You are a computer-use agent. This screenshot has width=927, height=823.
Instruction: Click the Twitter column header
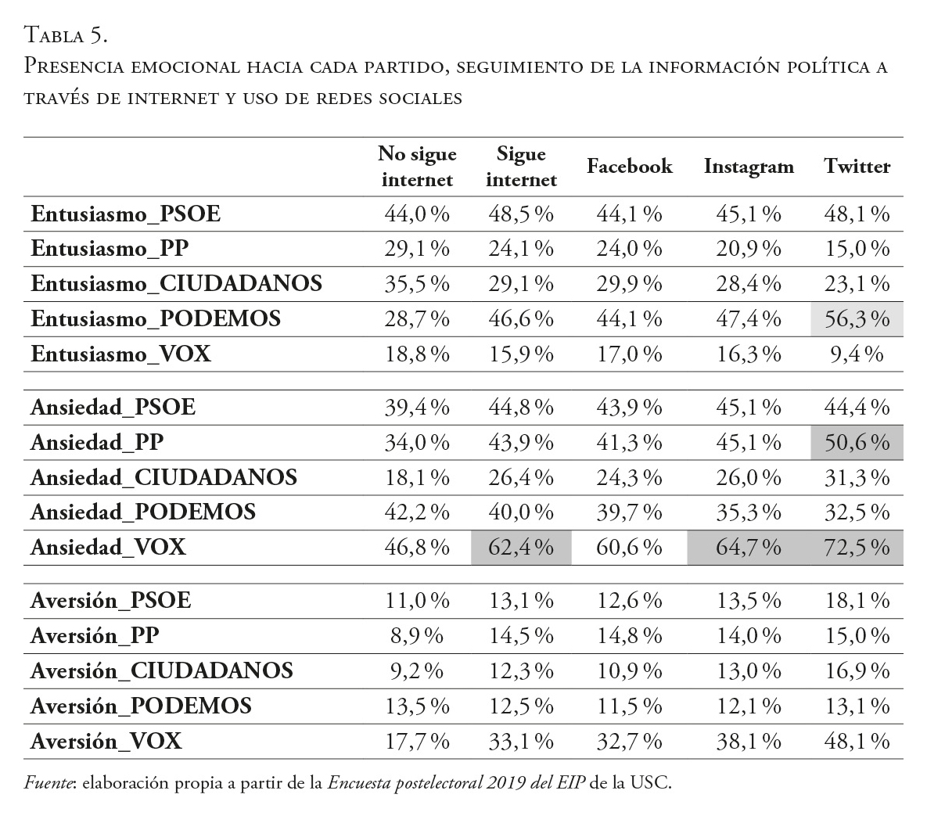click(x=857, y=167)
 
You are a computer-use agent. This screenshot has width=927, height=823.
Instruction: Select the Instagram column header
click(x=749, y=167)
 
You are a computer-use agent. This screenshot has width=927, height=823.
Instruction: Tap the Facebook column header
click(x=629, y=167)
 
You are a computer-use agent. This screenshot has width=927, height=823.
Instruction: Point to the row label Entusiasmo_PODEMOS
click(x=156, y=319)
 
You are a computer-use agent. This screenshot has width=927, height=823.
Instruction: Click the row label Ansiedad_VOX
click(x=108, y=547)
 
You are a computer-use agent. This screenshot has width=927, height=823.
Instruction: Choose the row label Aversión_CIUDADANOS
click(x=162, y=670)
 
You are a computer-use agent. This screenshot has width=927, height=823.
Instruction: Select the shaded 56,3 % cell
click(x=857, y=319)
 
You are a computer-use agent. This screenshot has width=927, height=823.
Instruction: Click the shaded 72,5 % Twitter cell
click(x=857, y=547)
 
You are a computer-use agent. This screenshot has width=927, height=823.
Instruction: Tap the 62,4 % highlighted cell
click(x=521, y=547)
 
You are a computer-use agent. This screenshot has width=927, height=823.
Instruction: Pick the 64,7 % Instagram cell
click(x=749, y=547)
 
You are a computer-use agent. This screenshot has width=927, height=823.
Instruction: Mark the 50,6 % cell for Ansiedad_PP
click(x=857, y=443)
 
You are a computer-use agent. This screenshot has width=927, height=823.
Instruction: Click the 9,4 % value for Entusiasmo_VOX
click(x=857, y=354)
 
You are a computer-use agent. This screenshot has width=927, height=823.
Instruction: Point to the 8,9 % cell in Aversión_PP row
click(x=417, y=635)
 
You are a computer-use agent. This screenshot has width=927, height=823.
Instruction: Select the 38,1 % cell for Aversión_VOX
click(x=749, y=741)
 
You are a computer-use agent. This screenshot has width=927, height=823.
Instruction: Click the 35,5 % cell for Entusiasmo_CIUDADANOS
click(x=417, y=283)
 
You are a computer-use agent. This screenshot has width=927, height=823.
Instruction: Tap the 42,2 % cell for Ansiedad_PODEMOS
click(x=417, y=512)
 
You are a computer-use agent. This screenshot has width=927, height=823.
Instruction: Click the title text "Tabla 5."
click(x=66, y=35)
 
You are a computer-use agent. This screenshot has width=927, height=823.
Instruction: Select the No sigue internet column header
click(x=417, y=167)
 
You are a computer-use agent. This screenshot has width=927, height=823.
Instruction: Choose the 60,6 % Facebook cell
click(x=629, y=547)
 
